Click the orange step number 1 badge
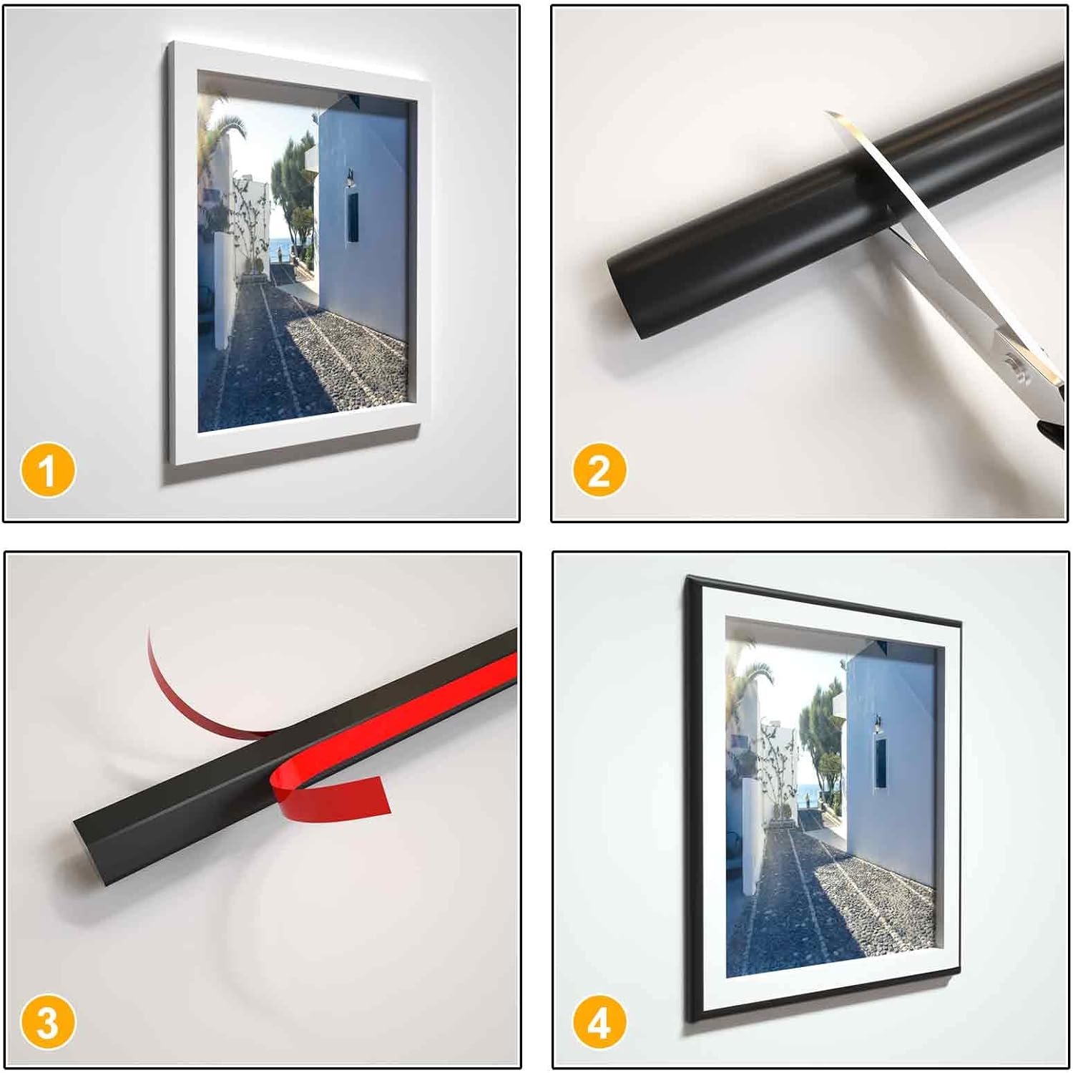(x=48, y=470)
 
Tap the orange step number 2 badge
(x=599, y=470)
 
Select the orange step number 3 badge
(x=48, y=1022)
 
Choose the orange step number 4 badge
(x=599, y=1022)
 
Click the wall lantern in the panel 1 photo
(x=350, y=178)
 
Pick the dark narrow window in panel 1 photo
(x=353, y=217)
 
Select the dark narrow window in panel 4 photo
(x=881, y=763)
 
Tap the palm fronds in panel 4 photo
(x=751, y=676)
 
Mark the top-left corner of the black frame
(x=687, y=576)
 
